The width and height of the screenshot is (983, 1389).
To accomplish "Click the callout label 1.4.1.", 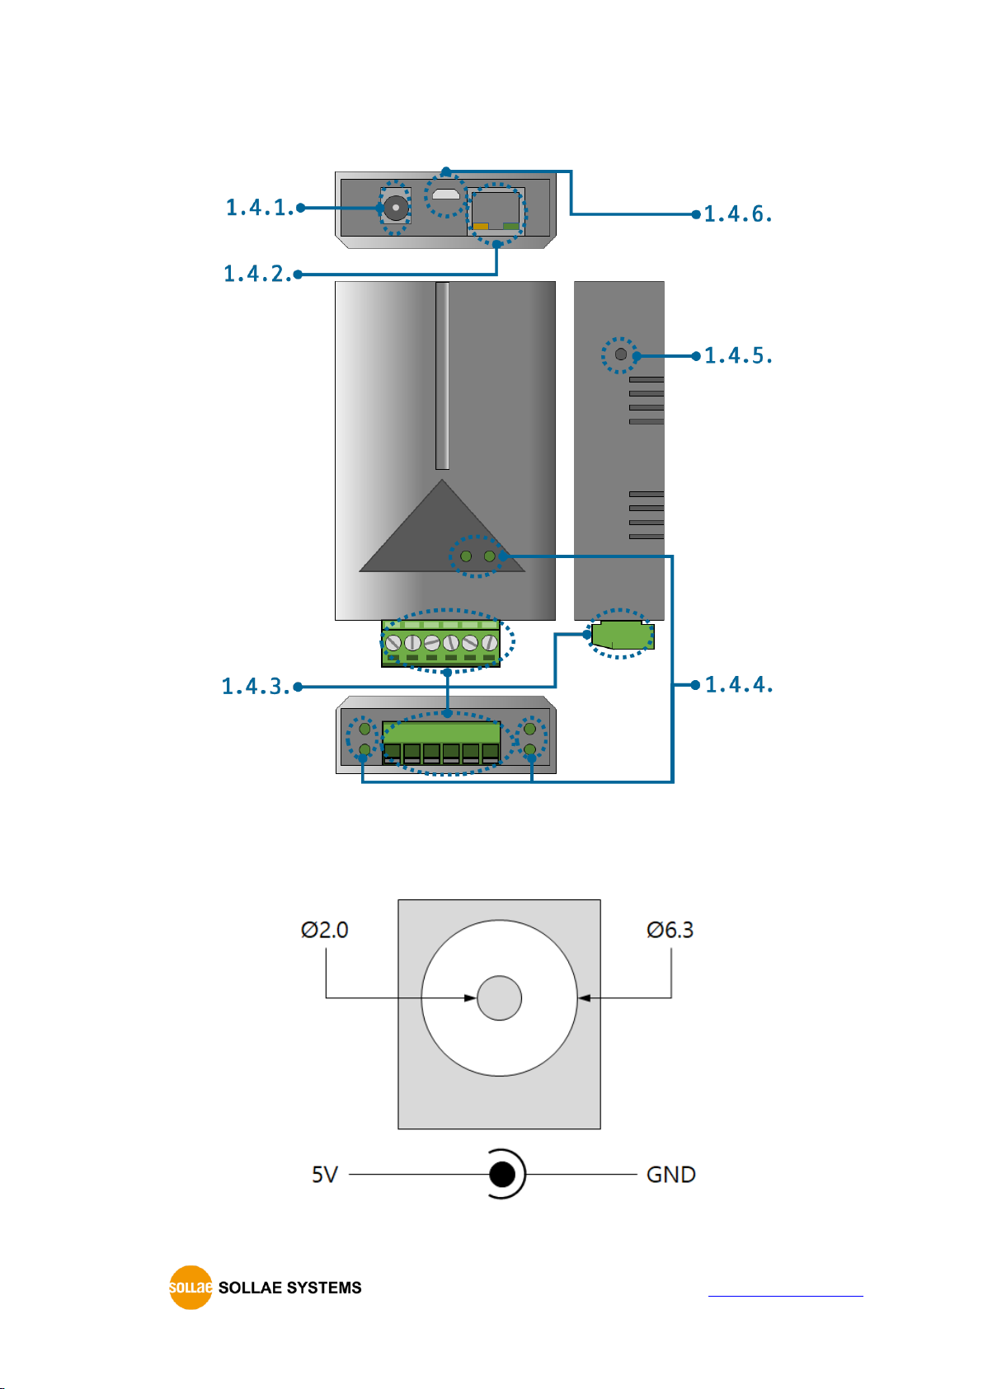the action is (259, 208).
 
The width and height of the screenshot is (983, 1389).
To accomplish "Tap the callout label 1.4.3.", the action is (256, 687).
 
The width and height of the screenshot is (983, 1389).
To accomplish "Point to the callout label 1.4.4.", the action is (739, 684).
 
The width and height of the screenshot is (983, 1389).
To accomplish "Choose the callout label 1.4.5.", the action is (738, 355).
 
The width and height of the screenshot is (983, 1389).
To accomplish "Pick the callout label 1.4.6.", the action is (738, 214).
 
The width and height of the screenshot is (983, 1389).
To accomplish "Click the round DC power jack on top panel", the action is (395, 207).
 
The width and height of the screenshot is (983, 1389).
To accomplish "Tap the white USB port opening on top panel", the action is (446, 194).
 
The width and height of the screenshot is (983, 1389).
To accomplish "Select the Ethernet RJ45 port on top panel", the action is (496, 211).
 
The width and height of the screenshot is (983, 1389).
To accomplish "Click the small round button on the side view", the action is (620, 354).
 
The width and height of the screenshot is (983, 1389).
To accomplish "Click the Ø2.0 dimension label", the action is (324, 930).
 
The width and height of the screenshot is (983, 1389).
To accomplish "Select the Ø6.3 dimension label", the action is (670, 930).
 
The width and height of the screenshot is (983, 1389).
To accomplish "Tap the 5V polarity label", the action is (324, 1175).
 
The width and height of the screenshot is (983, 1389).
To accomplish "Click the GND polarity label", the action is (671, 1175).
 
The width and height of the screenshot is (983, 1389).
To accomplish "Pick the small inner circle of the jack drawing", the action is (499, 997).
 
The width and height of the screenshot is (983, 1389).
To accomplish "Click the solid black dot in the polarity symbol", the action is (501, 1174).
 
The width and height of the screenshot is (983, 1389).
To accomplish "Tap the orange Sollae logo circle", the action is (190, 1288).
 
